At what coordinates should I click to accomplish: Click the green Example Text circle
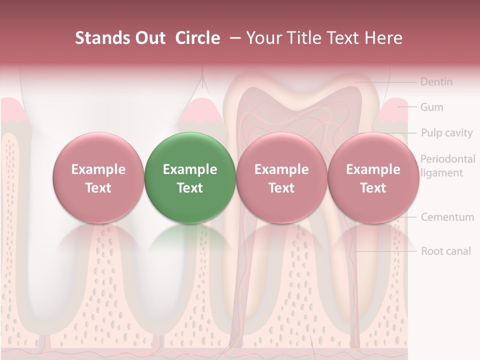(190, 178)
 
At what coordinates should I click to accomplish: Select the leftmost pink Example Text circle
(98, 178)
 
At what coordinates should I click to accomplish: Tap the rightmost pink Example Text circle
(373, 178)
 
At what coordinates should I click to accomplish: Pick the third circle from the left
(281, 178)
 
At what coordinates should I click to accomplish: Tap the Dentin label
(436, 81)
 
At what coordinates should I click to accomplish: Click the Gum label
(431, 107)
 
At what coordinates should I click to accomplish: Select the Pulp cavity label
(446, 133)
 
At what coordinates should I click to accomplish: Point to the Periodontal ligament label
(447, 166)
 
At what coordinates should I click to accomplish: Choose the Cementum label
(447, 217)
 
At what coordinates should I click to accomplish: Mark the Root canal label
(445, 251)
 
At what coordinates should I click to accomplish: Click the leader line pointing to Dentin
(385, 81)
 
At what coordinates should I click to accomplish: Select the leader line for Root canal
(385, 251)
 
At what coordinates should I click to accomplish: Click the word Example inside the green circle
(190, 169)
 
